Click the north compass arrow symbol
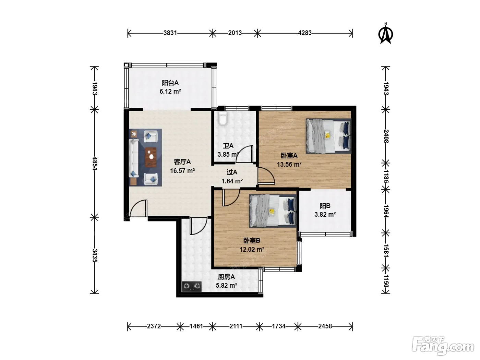click(x=385, y=35)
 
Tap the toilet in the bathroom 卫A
click(x=223, y=118)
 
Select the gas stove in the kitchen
click(x=192, y=286)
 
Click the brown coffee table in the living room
click(x=151, y=157)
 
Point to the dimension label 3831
click(x=170, y=33)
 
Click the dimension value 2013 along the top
click(x=235, y=33)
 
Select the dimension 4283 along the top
click(x=304, y=33)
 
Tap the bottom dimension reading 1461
click(x=196, y=326)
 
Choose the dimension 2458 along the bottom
click(x=325, y=326)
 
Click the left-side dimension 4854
click(x=95, y=163)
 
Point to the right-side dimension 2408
click(x=386, y=136)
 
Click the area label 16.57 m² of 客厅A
click(x=182, y=171)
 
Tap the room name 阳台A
click(x=170, y=83)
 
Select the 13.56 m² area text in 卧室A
click(x=289, y=164)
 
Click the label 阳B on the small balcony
click(x=325, y=206)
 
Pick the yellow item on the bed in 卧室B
click(x=272, y=212)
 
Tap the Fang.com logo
click(x=443, y=346)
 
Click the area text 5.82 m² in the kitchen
click(x=226, y=285)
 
